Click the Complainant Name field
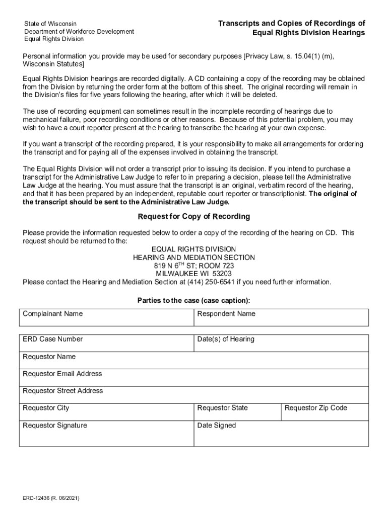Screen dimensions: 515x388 tap(106, 320)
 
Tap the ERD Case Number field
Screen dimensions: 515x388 tap(106, 345)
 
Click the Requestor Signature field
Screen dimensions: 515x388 tap(106, 436)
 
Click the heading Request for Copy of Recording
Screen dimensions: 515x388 tap(194, 217)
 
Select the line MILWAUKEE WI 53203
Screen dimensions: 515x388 tap(194, 274)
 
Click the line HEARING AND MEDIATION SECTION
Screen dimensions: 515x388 tap(194, 257)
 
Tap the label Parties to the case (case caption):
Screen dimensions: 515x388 tap(194, 301)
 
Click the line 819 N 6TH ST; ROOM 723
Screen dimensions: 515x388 tap(194, 266)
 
